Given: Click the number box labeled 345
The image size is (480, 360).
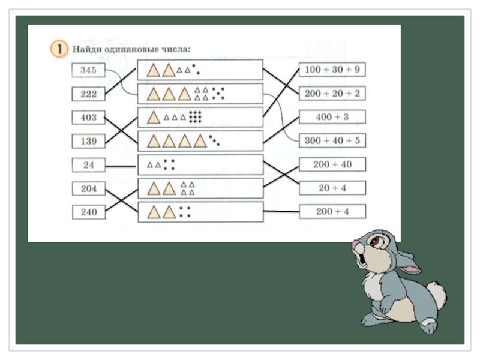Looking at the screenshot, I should click(x=88, y=70).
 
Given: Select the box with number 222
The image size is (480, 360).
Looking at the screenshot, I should click(x=88, y=94).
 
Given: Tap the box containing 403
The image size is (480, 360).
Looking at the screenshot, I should click(x=88, y=117).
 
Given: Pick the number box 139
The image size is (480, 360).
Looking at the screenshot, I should click(x=88, y=141).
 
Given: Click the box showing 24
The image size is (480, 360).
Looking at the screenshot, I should click(x=88, y=164).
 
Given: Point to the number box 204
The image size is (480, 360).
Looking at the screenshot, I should click(x=88, y=188).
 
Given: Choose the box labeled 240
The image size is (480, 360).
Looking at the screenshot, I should click(x=88, y=211).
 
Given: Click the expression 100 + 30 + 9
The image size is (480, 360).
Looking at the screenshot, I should click(x=332, y=70).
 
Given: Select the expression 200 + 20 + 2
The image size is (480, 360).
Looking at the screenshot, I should click(x=332, y=93).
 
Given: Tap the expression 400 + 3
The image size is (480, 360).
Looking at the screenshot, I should click(x=332, y=116).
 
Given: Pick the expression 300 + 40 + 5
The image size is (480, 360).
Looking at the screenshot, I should click(x=332, y=140).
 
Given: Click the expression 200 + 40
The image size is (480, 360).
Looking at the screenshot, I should click(x=332, y=164).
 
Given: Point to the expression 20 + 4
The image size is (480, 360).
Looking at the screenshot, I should click(x=332, y=188).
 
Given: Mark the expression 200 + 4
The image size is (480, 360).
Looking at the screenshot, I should click(x=332, y=211).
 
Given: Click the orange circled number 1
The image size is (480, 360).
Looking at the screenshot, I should click(x=58, y=49).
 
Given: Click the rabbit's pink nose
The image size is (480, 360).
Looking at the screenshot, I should click(x=356, y=245).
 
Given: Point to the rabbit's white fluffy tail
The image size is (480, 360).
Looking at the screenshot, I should click(x=437, y=294).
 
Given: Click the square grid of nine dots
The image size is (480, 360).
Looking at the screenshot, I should click(x=195, y=116).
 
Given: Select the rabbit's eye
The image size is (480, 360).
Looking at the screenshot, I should click(x=376, y=241).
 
